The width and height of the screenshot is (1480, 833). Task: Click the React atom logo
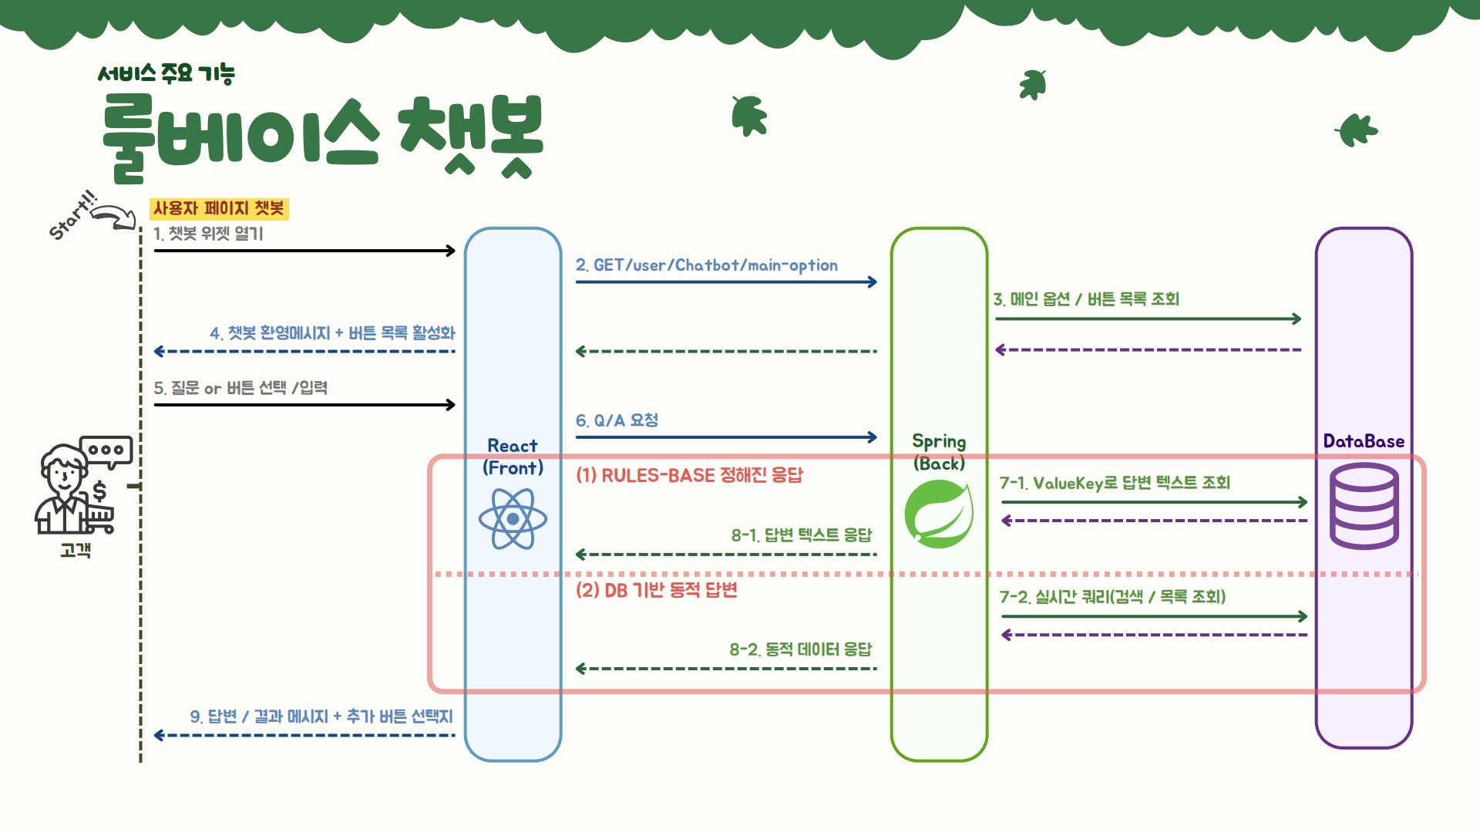513,519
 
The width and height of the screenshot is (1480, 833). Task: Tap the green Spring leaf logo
938,514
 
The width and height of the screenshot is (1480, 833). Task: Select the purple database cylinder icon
1364,506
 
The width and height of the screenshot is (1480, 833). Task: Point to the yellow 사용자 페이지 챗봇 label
219,208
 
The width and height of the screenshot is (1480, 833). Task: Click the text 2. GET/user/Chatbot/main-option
706,265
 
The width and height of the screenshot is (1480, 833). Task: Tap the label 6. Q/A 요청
617,420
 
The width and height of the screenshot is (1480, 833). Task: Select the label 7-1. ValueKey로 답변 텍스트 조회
1115,483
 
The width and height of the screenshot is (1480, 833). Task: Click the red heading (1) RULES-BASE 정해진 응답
689,475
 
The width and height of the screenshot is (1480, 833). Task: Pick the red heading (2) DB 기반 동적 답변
656,590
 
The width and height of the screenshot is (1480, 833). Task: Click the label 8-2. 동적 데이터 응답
800,649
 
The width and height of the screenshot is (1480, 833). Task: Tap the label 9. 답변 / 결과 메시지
321,717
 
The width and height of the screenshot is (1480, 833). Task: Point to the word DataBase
1364,441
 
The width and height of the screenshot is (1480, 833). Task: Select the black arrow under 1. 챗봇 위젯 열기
304,251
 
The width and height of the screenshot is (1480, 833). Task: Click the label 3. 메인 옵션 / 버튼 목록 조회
1086,299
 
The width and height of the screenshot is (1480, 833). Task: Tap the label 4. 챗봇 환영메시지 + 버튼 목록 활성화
332,333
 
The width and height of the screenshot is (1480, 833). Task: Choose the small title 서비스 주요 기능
166,74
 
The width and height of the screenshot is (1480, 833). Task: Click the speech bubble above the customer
107,450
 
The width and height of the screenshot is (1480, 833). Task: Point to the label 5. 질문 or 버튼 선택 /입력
240,388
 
